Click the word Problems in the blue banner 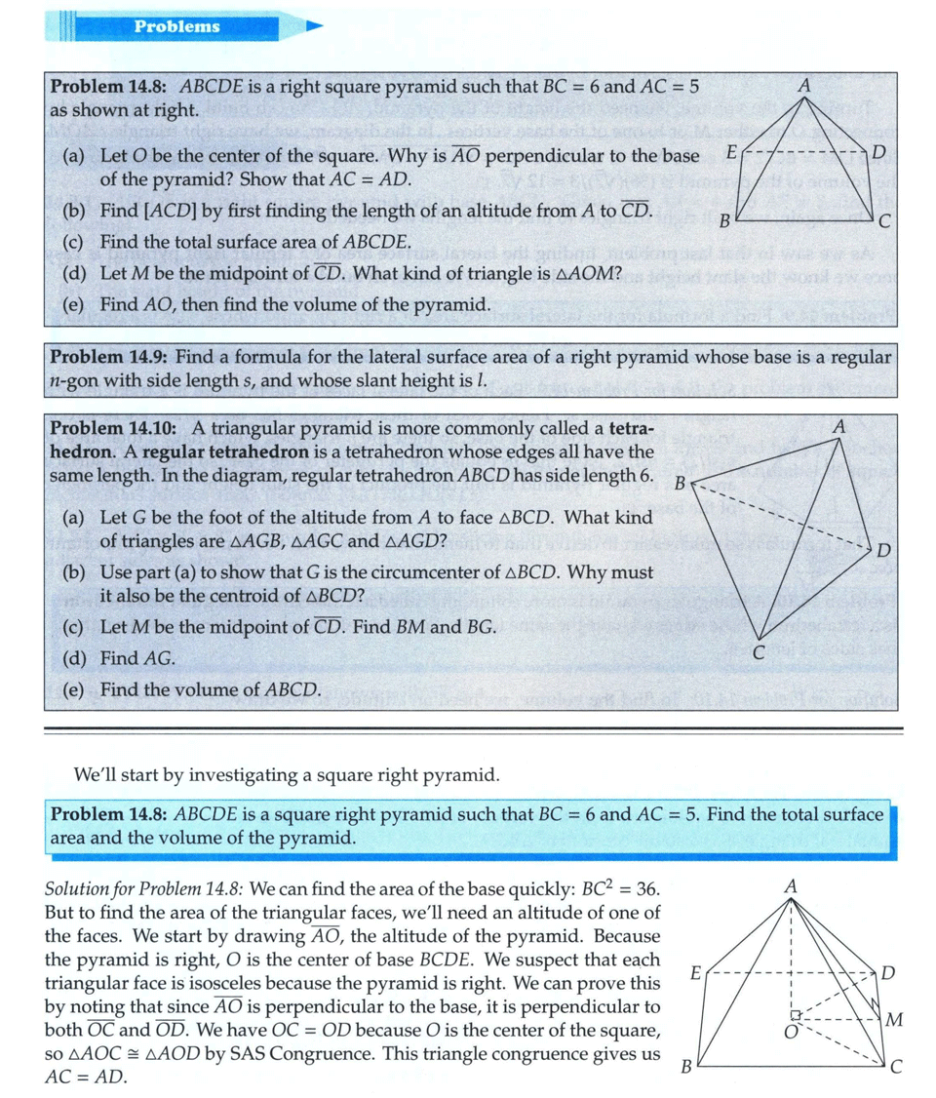click(x=177, y=26)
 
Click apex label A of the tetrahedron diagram click(x=839, y=426)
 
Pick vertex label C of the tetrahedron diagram click(x=757, y=653)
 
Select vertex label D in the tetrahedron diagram click(x=883, y=551)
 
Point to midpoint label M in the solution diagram click(x=895, y=1020)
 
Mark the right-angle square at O click(x=796, y=1015)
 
